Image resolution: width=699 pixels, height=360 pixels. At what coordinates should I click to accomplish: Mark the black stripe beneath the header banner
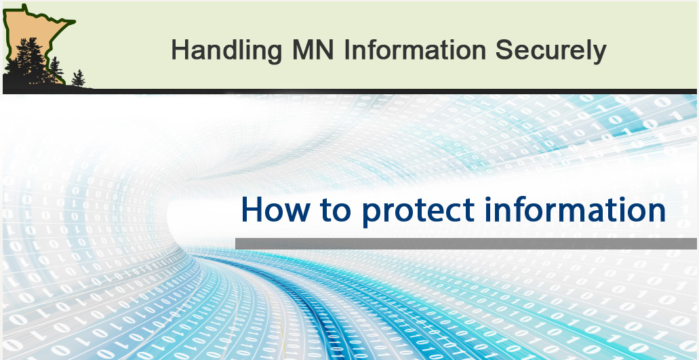(349, 91)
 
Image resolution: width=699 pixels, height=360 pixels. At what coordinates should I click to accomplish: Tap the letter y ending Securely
(599, 54)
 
